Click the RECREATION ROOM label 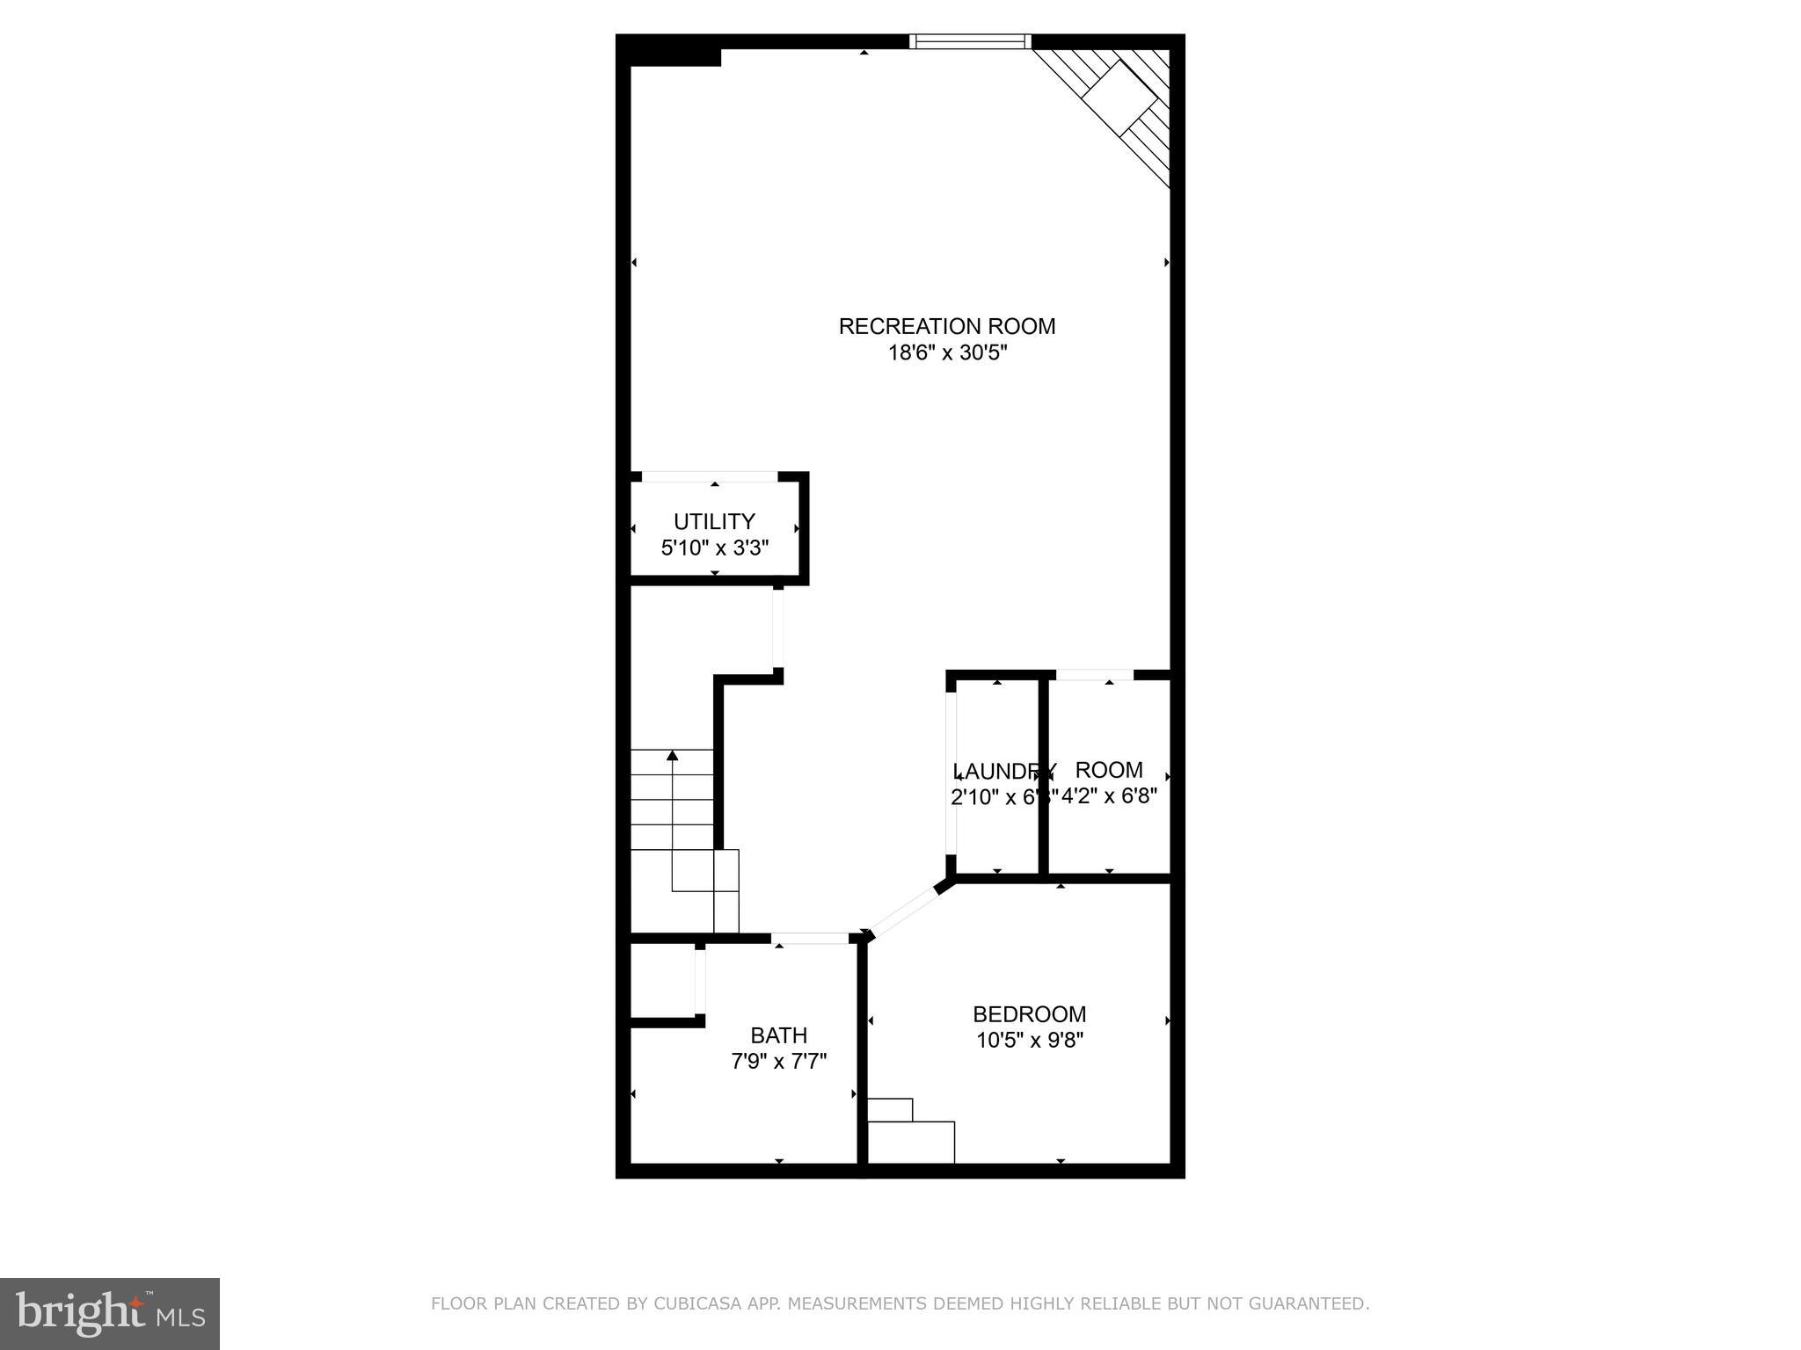tap(946, 326)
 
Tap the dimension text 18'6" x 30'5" tap(946, 353)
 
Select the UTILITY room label tap(714, 521)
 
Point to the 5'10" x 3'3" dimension tap(714, 548)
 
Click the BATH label tap(778, 1034)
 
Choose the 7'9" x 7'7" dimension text tap(778, 1061)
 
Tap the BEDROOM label tap(1029, 1013)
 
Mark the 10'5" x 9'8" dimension tap(1029, 1040)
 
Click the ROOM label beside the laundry tap(1109, 770)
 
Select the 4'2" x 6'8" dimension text tap(1110, 796)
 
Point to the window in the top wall tap(969, 41)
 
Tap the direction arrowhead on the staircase tap(673, 755)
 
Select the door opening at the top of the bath tap(810, 939)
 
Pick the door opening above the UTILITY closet tap(710, 476)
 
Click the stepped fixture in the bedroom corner tap(910, 1132)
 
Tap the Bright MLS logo tap(109, 1313)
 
